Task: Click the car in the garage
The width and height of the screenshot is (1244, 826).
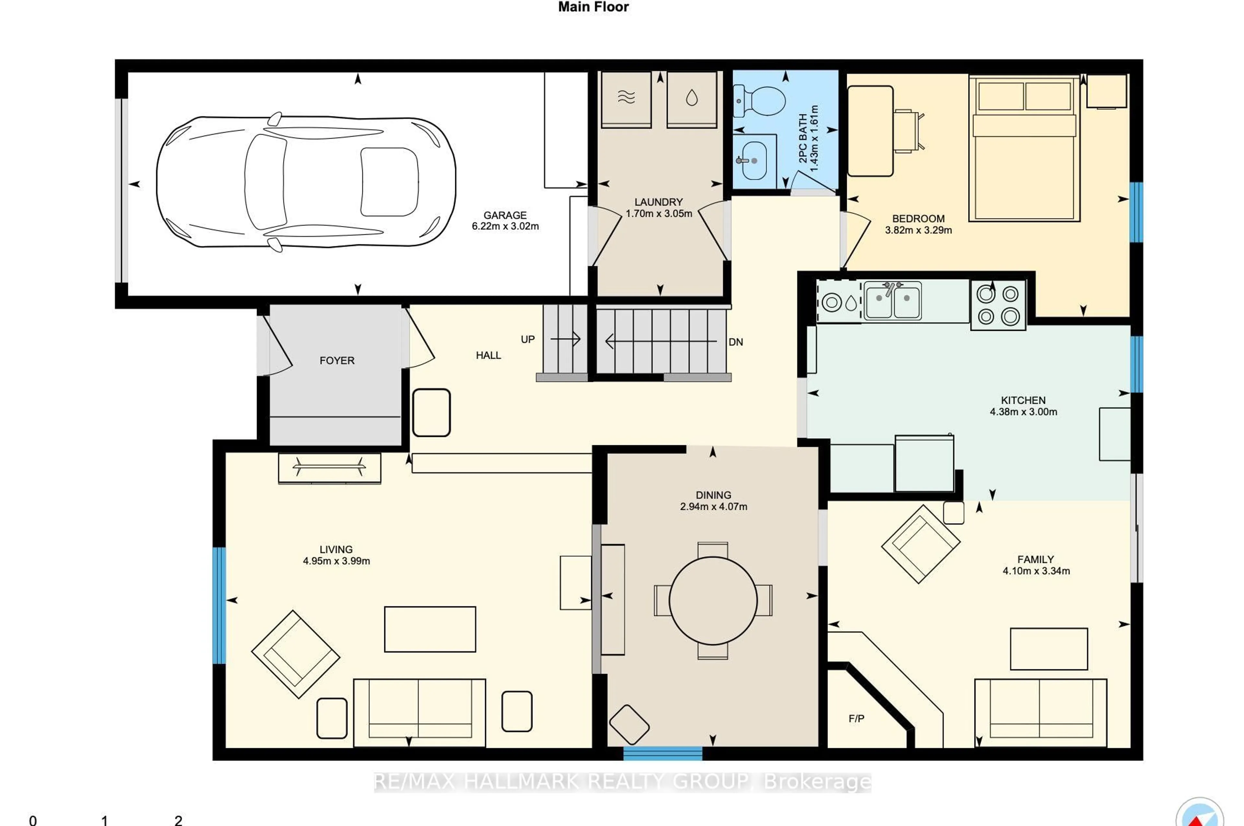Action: click(305, 182)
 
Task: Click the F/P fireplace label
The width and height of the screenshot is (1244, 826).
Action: click(856, 718)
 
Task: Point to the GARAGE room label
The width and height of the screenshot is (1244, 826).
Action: click(505, 215)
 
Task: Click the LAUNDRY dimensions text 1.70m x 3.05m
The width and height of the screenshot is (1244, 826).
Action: click(659, 213)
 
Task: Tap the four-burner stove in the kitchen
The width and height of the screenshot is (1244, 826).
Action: click(998, 305)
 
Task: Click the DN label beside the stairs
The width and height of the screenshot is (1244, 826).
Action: click(735, 342)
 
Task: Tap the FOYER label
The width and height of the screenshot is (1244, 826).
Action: click(337, 360)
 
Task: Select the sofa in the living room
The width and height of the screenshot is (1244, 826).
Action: click(420, 712)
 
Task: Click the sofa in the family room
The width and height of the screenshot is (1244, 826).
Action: click(1040, 712)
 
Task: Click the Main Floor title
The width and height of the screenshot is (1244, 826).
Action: click(593, 7)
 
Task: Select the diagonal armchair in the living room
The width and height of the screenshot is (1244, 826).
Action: click(295, 654)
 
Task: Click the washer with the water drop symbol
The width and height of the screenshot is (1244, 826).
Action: click(691, 99)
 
